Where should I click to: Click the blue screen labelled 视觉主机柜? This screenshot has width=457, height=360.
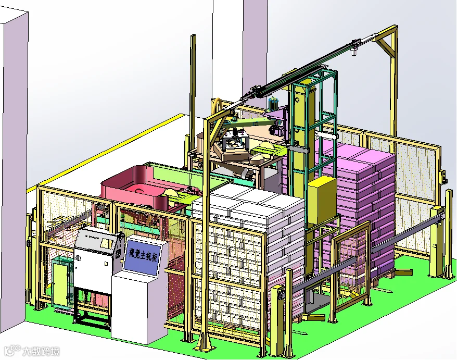(x=142, y=257)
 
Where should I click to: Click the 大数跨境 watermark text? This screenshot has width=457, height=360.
(x=42, y=351)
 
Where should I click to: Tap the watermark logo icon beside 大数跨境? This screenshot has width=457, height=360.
(x=12, y=351)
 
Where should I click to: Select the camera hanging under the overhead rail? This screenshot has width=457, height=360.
(x=354, y=52)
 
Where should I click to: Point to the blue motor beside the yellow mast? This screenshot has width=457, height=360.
(x=273, y=104)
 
